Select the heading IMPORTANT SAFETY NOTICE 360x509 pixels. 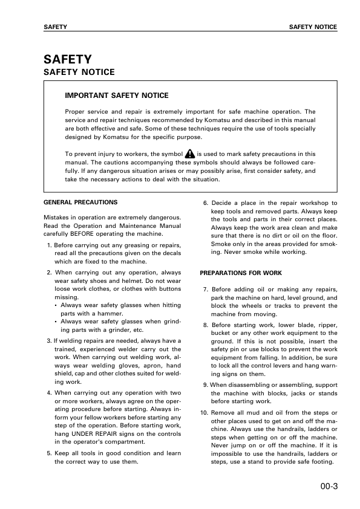pyautogui.click(x=116, y=96)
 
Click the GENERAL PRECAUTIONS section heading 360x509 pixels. pyautogui.click(x=80, y=202)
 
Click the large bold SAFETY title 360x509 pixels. pyautogui.click(x=68, y=59)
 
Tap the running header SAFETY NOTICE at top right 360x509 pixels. pyautogui.click(x=313, y=27)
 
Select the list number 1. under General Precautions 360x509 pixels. pyautogui.click(x=50, y=245)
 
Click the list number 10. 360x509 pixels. pyautogui.click(x=204, y=412)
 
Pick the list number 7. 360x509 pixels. pyautogui.click(x=206, y=290)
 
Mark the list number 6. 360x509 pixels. pyautogui.click(x=206, y=203)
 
